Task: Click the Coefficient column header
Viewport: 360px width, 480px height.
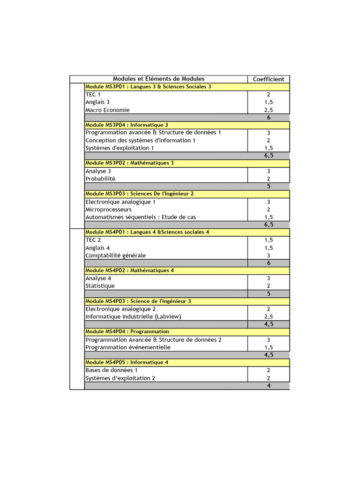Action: (x=269, y=79)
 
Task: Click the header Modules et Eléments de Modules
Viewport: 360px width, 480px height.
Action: (x=158, y=79)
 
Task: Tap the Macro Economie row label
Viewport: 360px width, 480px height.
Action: (x=107, y=110)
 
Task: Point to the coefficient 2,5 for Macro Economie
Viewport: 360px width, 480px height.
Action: (x=269, y=110)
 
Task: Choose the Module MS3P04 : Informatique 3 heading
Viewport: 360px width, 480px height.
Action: (x=127, y=125)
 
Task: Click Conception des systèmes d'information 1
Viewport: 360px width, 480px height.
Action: (x=140, y=140)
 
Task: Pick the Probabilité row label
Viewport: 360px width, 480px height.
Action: (x=100, y=179)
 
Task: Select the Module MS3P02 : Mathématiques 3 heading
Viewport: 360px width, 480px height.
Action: (x=129, y=163)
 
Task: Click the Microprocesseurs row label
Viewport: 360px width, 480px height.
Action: (x=108, y=210)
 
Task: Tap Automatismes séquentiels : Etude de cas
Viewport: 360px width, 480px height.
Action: (x=141, y=217)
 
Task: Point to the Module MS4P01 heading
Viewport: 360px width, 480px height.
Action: (x=147, y=232)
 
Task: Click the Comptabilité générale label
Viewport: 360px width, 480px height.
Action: (x=115, y=255)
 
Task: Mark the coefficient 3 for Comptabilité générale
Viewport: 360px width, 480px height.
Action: (x=269, y=255)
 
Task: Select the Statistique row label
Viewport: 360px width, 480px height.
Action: (x=100, y=286)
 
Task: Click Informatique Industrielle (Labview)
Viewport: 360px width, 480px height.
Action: (x=133, y=316)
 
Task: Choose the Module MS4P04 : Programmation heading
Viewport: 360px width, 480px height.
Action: (x=127, y=332)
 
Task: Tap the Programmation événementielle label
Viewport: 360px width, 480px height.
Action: (x=128, y=347)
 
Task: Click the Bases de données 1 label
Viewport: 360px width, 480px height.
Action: (x=112, y=370)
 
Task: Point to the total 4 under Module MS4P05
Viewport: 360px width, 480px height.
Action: (x=269, y=386)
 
